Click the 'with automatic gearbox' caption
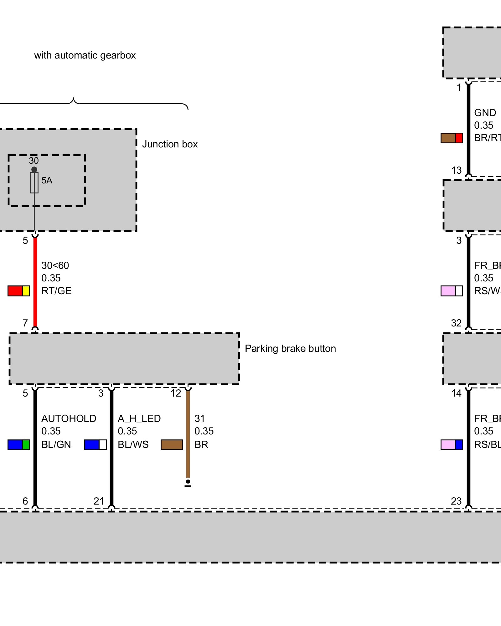pos(85,55)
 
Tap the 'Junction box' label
pos(170,144)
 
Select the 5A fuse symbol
pos(34,183)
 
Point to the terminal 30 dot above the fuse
pos(34,169)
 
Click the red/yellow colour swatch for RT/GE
pos(19,291)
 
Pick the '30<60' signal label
pos(55,265)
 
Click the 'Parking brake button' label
pos(290,348)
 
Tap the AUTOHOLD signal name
pos(69,418)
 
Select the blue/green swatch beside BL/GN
pos(19,444)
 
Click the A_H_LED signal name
pos(139,418)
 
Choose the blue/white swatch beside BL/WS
pos(96,444)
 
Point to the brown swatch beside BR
pos(172,444)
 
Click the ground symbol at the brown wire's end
pos(188,483)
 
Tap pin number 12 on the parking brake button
pos(176,393)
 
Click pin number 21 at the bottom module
pos(99,501)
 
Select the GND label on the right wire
pos(485,113)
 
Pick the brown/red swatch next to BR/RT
pos(452,138)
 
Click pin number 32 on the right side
pos(456,323)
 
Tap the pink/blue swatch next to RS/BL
pos(452,444)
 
